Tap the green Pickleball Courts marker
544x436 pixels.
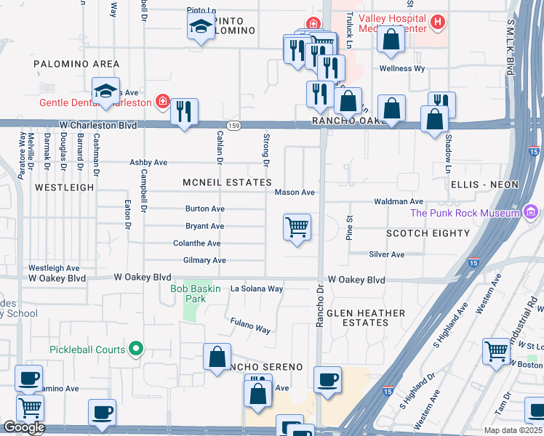click(135, 350)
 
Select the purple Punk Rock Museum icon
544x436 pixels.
click(532, 212)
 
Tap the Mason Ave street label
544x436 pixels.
click(295, 193)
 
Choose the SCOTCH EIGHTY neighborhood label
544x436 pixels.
click(428, 233)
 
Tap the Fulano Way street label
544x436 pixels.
click(251, 326)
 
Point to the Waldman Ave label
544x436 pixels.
click(398, 201)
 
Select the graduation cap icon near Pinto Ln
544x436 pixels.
click(201, 28)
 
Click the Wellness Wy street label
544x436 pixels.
click(402, 69)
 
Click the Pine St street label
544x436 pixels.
click(350, 227)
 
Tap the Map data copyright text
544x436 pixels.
click(513, 430)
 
